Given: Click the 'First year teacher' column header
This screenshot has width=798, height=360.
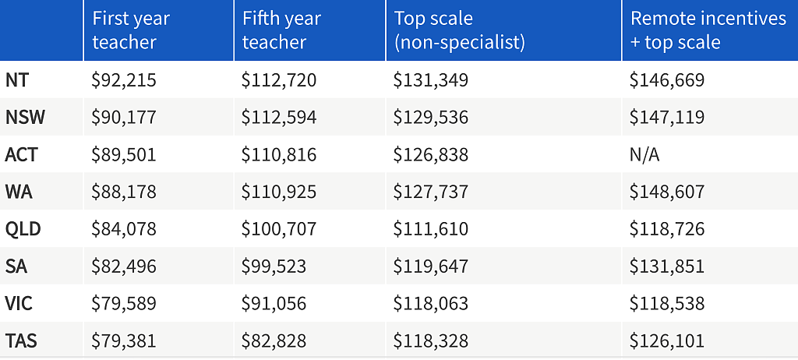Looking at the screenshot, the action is pos(131,30).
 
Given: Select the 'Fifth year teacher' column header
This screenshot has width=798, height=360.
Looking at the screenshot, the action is pos(281,30).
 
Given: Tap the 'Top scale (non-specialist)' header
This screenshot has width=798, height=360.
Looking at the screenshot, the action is pos(460,30).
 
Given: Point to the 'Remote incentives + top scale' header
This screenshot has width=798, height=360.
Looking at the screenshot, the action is pos(708,30).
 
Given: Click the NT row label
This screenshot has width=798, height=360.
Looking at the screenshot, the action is pos(17,80).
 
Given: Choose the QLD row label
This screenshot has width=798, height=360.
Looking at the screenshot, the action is pos(23,229).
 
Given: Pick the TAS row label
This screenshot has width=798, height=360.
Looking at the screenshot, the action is pos(21,341).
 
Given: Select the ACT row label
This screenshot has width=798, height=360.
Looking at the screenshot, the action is pos(21,154).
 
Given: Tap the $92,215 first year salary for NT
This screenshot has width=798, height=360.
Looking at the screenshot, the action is pos(124,80).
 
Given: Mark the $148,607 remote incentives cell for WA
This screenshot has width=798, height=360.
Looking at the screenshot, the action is pos(667,192).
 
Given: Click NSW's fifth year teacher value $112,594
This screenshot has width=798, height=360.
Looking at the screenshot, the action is pos(279,118).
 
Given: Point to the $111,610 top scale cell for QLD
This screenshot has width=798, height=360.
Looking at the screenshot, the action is pos(430,229).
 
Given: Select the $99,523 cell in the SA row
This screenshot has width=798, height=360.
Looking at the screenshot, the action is pos(274,266).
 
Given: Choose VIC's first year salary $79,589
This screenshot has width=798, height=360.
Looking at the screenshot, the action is pos(124,303).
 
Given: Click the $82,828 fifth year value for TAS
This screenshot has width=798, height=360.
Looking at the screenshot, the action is pos(274,341).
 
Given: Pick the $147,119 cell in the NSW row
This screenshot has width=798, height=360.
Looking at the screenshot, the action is pos(667,118).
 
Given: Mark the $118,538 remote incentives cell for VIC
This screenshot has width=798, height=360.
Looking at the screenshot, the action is pos(667,303).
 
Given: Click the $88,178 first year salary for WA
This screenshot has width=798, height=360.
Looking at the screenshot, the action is pos(124,192).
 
